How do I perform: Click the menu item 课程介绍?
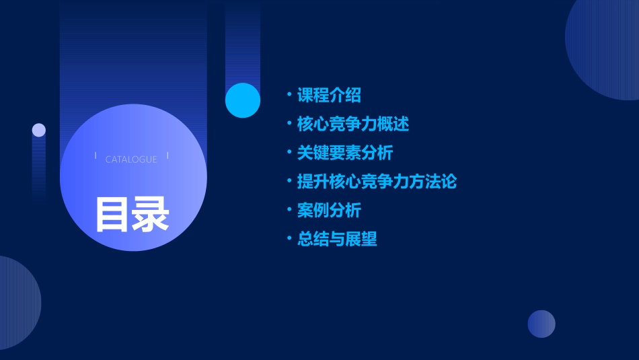(329, 96)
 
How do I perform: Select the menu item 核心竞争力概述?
(352, 124)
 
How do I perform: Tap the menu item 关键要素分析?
(344, 153)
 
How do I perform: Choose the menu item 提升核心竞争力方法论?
(377, 182)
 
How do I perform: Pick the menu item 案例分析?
(329, 211)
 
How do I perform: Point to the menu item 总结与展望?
(336, 239)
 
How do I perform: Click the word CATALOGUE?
(131, 159)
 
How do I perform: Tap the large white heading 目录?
(132, 215)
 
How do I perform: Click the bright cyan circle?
(243, 100)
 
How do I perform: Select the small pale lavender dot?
(39, 130)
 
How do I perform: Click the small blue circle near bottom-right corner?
(541, 324)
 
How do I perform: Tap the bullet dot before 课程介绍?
(289, 96)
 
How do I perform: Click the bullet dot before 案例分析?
(289, 211)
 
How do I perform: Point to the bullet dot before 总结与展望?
(289, 239)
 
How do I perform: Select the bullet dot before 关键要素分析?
(289, 153)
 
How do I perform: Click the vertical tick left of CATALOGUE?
(96, 155)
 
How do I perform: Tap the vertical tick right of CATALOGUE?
(167, 155)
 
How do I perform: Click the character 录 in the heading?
(151, 215)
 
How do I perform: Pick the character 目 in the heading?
(112, 215)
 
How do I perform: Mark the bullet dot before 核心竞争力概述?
(289, 124)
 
